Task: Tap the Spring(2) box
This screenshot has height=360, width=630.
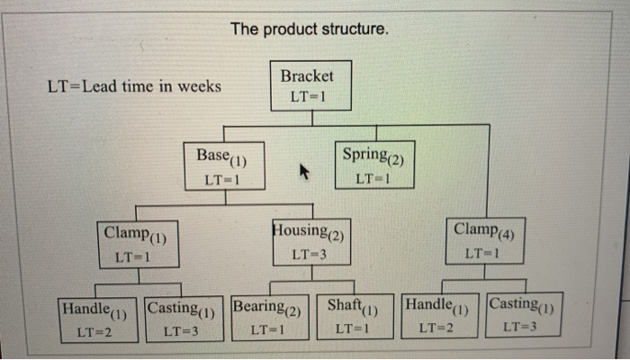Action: pos(375,164)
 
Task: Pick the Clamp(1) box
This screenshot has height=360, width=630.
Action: pos(138,243)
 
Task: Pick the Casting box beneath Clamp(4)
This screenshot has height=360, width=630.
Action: pos(525,315)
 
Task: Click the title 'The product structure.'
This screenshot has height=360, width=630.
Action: pos(310,30)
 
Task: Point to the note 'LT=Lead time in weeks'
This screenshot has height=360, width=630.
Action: pos(134,87)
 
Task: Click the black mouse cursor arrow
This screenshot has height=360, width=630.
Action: pos(304,171)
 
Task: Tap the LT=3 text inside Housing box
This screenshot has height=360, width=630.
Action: pos(309,255)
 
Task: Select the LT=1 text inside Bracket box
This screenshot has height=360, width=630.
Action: pos(306,96)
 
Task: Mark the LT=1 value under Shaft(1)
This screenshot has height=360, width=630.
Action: pos(350,330)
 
